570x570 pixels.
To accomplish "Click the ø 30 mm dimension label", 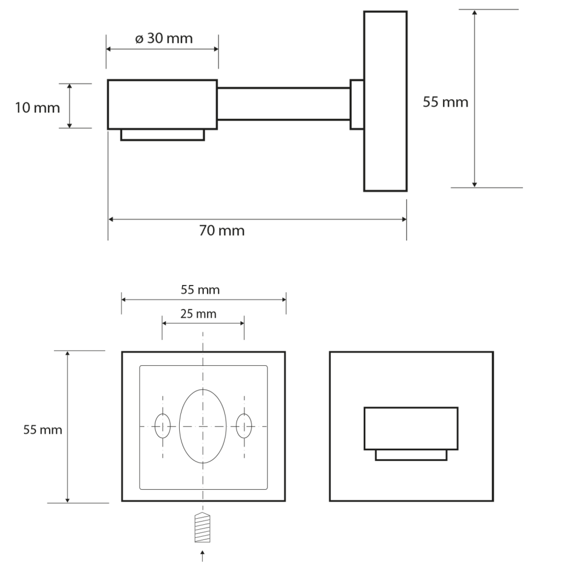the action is tap(164, 38).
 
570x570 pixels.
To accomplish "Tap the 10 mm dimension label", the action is tap(37, 108).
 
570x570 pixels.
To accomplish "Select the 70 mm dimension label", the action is tap(222, 230).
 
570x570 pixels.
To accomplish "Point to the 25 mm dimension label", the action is tap(199, 314).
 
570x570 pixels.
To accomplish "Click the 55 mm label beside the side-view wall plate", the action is tap(445, 102).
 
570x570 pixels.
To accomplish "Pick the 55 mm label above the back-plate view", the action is tap(200, 289).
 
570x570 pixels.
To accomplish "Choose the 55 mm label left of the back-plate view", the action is tap(43, 430).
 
